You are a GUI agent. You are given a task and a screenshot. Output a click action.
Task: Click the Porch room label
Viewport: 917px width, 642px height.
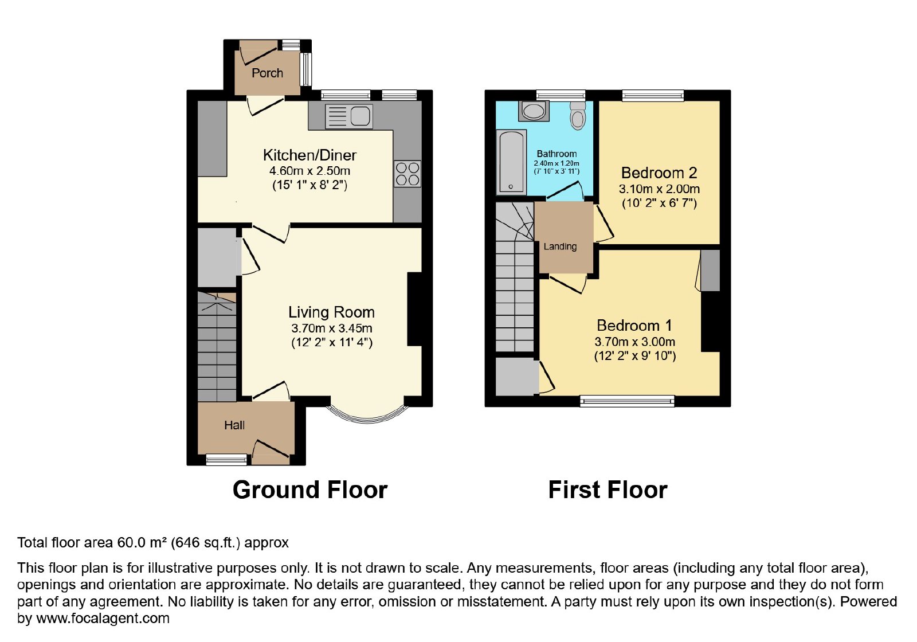pyautogui.click(x=267, y=73)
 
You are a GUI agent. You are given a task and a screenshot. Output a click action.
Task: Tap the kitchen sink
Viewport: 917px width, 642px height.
pyautogui.click(x=349, y=116)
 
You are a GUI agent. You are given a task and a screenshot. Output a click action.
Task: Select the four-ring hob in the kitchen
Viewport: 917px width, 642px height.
pyautogui.click(x=407, y=174)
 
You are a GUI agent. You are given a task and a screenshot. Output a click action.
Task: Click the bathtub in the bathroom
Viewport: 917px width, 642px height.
pyautogui.click(x=511, y=162)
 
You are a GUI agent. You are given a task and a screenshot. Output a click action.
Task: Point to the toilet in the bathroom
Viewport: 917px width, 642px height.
pyautogui.click(x=578, y=115)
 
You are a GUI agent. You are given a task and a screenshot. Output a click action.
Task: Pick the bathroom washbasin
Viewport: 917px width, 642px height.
pyautogui.click(x=534, y=111)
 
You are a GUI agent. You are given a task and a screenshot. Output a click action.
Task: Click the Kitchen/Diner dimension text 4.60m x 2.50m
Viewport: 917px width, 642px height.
pyautogui.click(x=309, y=171)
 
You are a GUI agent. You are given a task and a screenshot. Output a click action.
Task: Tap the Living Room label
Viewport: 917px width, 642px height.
pyautogui.click(x=331, y=312)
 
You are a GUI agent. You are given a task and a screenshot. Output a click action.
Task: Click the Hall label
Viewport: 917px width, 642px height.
pyautogui.click(x=234, y=425)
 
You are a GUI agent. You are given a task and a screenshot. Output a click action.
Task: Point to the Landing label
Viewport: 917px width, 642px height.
pyautogui.click(x=560, y=246)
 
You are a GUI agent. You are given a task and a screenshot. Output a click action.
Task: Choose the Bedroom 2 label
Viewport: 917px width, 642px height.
pyautogui.click(x=659, y=173)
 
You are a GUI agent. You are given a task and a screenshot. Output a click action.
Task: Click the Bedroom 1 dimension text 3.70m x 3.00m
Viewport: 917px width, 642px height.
pyautogui.click(x=634, y=342)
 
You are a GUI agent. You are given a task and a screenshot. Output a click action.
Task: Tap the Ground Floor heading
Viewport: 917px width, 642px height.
pyautogui.click(x=310, y=490)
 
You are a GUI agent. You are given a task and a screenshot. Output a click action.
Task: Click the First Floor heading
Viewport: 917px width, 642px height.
pyautogui.click(x=608, y=490)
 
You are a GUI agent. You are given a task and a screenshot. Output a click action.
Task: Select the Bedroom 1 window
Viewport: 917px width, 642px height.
pyautogui.click(x=627, y=401)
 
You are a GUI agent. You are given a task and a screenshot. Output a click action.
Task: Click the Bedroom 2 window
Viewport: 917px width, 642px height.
pyautogui.click(x=653, y=96)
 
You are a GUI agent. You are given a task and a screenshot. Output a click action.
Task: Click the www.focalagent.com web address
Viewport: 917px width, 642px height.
pyautogui.click(x=103, y=618)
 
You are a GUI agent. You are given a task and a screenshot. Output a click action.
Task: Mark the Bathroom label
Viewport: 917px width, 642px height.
pyautogui.click(x=557, y=154)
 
